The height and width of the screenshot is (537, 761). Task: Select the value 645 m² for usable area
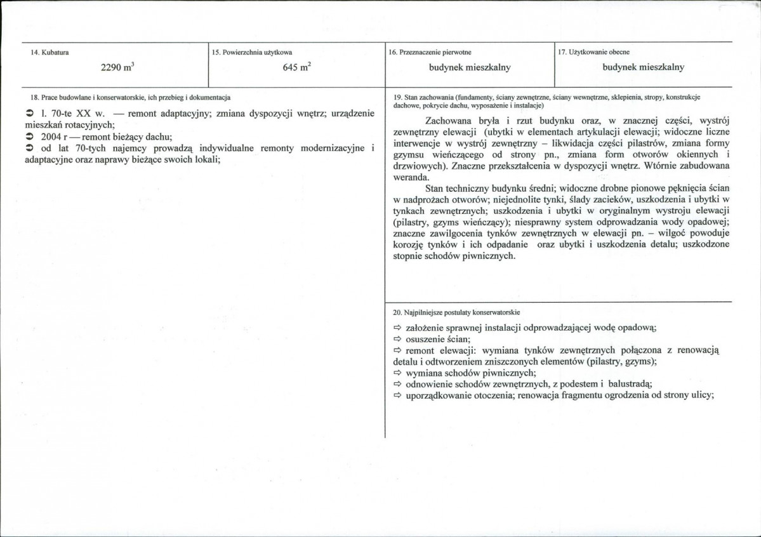[x=296, y=68]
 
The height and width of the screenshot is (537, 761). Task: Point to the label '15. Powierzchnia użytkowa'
[x=253, y=51]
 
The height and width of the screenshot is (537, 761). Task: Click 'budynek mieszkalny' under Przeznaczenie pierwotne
[x=470, y=67]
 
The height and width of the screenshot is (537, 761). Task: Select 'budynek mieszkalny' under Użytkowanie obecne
[x=643, y=67]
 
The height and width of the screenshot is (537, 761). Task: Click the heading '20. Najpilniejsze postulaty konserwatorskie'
[x=456, y=312]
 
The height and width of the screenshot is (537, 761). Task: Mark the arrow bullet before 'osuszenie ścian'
[x=397, y=339]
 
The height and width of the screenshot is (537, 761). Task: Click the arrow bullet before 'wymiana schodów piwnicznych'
[x=397, y=372]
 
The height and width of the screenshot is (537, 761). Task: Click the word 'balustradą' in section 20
[x=630, y=383]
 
